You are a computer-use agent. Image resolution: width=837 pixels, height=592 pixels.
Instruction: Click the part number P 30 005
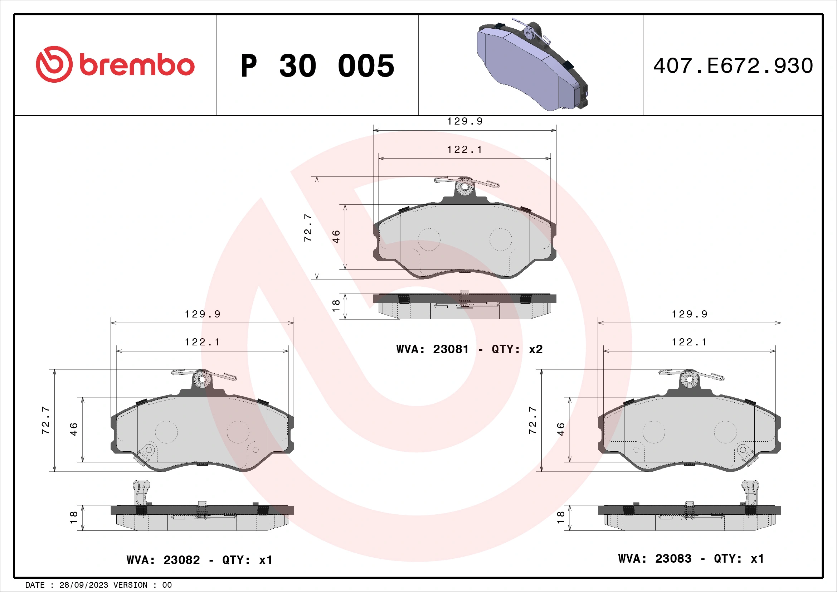click(x=317, y=66)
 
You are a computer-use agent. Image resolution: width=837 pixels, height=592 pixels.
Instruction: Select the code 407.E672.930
click(x=733, y=66)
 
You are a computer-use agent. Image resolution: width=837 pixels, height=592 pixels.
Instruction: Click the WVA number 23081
click(x=451, y=349)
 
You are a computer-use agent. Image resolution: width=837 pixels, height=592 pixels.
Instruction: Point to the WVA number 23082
click(x=181, y=560)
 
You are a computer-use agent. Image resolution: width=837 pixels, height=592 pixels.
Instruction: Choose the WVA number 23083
click(x=673, y=558)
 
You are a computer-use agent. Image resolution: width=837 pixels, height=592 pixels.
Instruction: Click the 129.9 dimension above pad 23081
click(x=465, y=121)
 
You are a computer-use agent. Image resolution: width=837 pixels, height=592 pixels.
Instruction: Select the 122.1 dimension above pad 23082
click(x=202, y=342)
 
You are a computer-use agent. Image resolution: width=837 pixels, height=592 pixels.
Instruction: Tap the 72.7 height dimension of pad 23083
click(x=532, y=420)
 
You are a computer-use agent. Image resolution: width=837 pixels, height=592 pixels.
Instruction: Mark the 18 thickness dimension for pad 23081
click(x=336, y=306)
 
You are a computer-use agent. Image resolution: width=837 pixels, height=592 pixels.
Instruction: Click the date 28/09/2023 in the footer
click(x=83, y=585)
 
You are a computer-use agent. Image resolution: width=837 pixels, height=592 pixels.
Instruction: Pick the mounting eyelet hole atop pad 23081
click(x=464, y=186)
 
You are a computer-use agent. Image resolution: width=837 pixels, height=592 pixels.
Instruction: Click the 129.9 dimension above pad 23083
click(x=689, y=314)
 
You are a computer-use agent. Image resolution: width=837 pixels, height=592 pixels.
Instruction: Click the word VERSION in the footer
click(x=130, y=585)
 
